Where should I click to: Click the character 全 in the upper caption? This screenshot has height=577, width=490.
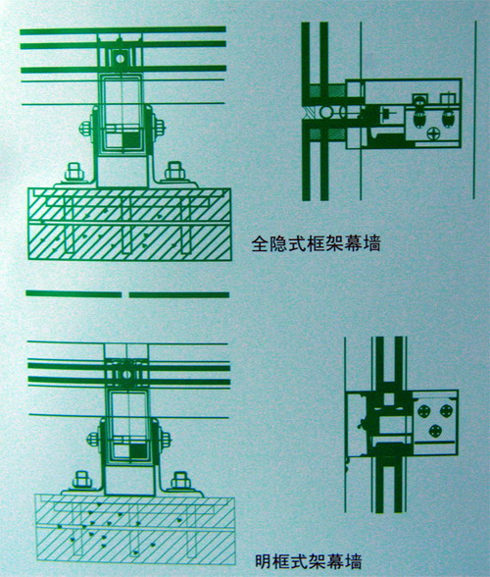[x=260, y=244]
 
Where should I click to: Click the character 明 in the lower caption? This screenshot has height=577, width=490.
[x=264, y=561]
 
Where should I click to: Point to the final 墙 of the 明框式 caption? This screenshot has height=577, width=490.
[x=353, y=561]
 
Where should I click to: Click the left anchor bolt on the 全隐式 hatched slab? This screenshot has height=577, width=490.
[x=74, y=172]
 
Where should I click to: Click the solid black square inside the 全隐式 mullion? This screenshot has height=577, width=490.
[x=131, y=139]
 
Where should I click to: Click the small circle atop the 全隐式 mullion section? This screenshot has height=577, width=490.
[x=120, y=58]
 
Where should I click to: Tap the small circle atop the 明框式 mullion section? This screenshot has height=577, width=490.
[x=126, y=375]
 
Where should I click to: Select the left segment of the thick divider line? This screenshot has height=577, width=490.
[x=73, y=294]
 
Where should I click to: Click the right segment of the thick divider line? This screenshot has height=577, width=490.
[x=179, y=294]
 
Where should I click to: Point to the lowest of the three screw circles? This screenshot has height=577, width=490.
[x=435, y=430]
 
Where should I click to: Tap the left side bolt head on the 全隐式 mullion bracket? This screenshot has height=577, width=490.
[x=85, y=129]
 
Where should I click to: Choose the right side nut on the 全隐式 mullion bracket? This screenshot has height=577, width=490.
[x=160, y=129]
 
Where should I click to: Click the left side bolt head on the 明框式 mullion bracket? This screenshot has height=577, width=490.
[x=93, y=439]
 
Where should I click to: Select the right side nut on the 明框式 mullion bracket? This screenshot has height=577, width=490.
[x=166, y=439]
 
